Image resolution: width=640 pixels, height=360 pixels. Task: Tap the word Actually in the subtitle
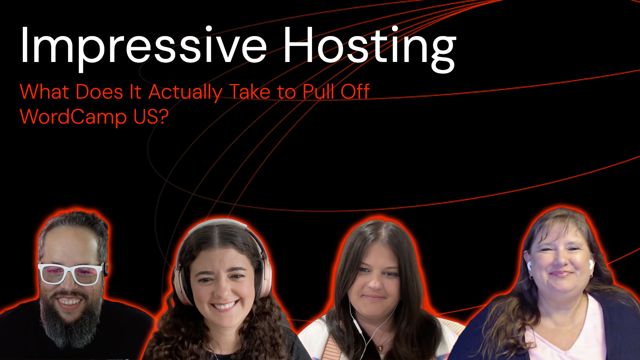tap(186, 92)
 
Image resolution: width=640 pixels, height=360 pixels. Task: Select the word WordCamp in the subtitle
tap(73, 117)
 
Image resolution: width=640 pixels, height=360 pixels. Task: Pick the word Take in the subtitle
tap(250, 92)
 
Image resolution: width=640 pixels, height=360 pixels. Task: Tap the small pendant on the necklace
tap(380, 348)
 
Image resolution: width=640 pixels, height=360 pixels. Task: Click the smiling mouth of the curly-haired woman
tap(225, 306)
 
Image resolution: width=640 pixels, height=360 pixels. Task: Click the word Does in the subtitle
tap(100, 92)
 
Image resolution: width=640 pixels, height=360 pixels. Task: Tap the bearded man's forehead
tap(72, 244)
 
